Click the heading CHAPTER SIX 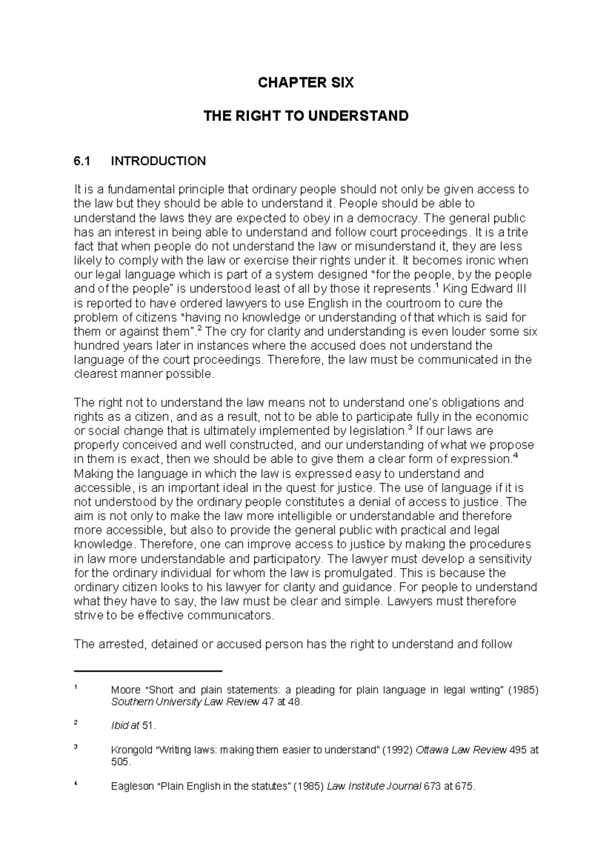305,83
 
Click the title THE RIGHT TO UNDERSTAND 305,116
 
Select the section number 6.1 82,161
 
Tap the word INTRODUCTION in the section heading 159,161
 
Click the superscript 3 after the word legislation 411,427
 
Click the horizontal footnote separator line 148,671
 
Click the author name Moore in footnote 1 125,691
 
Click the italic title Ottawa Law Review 461,751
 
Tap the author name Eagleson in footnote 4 132,786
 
